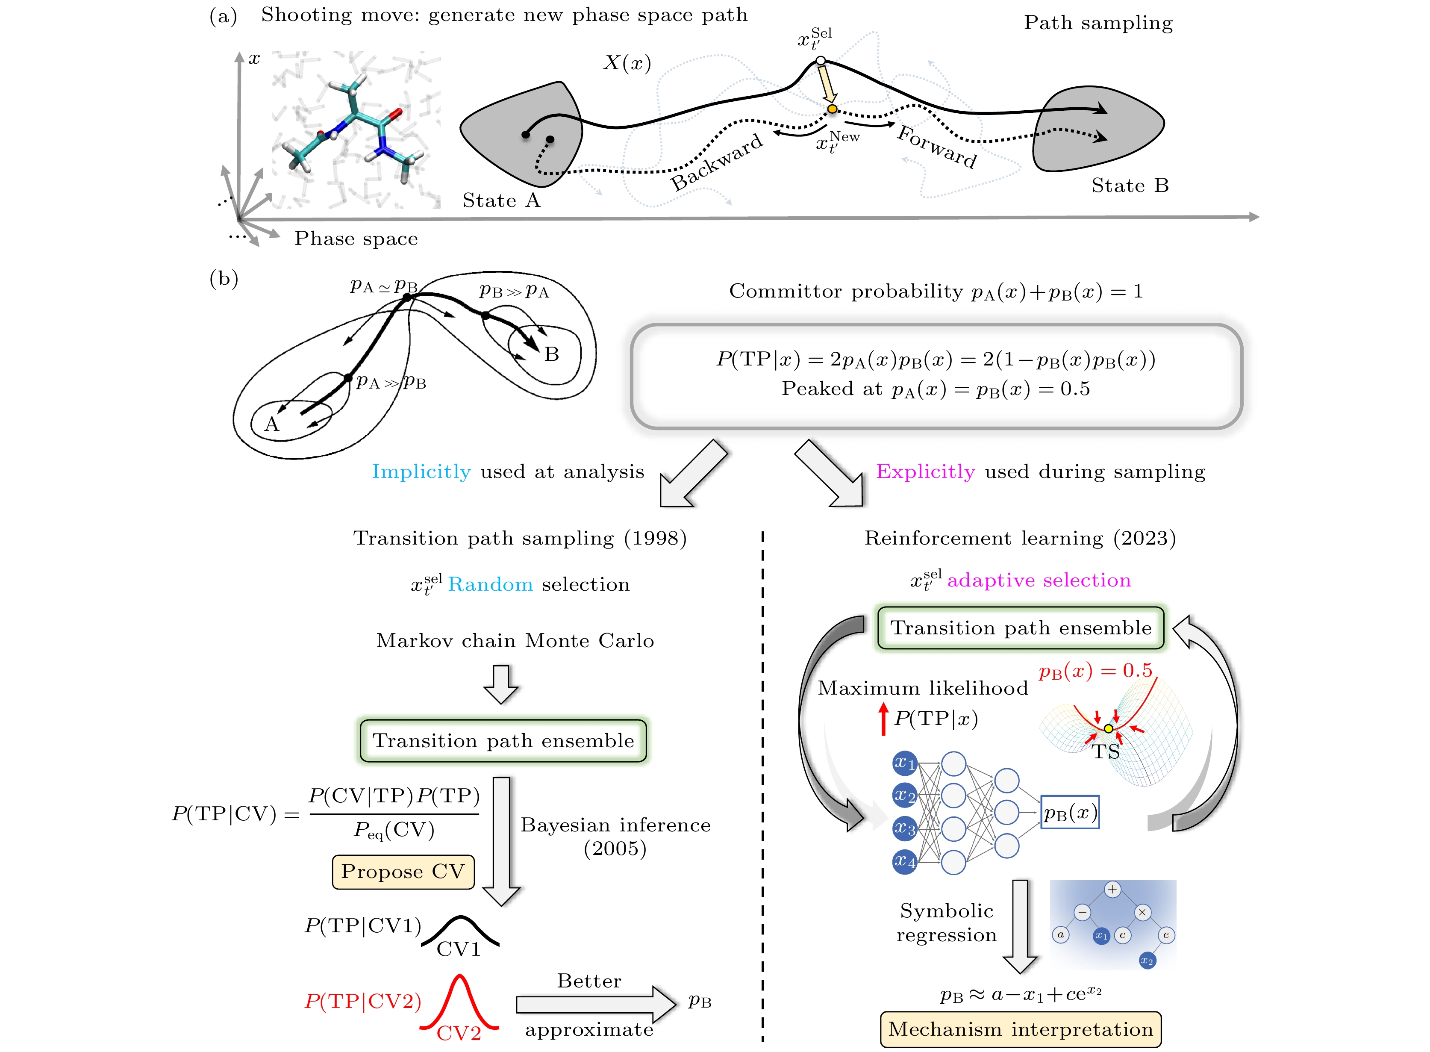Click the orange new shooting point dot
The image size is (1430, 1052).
point(832,109)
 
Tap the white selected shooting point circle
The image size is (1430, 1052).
point(821,61)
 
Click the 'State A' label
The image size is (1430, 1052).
point(501,200)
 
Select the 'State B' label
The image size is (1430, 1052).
point(1130,186)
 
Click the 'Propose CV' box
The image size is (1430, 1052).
point(403,871)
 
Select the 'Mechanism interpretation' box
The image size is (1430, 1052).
point(1020,1029)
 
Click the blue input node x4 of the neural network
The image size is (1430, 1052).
point(904,862)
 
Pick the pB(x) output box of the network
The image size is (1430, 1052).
point(1070,812)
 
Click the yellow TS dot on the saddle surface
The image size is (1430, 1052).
point(1109,728)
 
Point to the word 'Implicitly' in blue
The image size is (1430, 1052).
point(421,472)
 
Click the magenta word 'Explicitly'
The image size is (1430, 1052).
point(925,472)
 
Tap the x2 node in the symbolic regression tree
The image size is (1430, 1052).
point(1147,960)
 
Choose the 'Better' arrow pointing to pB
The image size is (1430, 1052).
point(595,1004)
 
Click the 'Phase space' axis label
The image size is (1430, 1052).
point(356,239)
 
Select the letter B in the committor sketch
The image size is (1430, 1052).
point(551,354)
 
